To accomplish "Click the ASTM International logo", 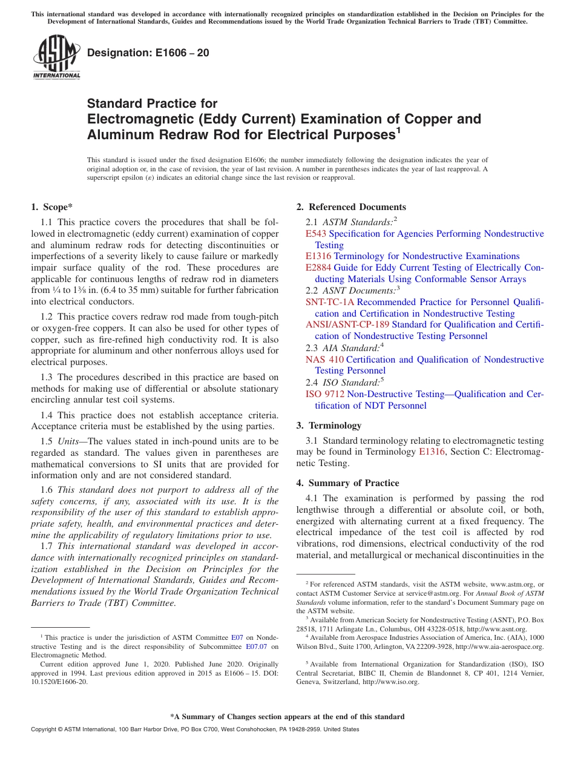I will pos(56,57).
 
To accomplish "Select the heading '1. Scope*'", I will pos(52,207).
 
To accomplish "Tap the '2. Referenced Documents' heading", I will pos(351,207).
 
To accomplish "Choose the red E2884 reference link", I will pos(318,268).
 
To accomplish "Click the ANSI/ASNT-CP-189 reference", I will pos(347,324).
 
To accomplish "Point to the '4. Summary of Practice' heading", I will pos(347,483).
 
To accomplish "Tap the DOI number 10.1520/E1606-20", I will pos(59,681).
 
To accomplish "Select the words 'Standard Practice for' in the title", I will pos(152,104).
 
